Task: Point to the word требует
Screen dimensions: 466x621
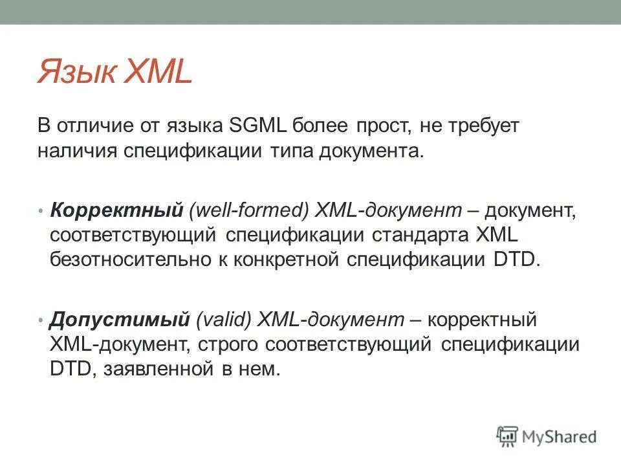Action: pos(485,125)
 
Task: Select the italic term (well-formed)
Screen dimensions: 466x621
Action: pos(249,210)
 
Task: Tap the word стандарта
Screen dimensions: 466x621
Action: pos(412,235)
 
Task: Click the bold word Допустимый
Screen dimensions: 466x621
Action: pos(120,320)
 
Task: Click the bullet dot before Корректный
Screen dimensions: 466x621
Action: pos(41,212)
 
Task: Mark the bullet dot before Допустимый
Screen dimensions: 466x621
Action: pos(41,320)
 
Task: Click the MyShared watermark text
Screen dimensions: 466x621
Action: pos(560,437)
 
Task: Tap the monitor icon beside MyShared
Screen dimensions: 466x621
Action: pos(508,436)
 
